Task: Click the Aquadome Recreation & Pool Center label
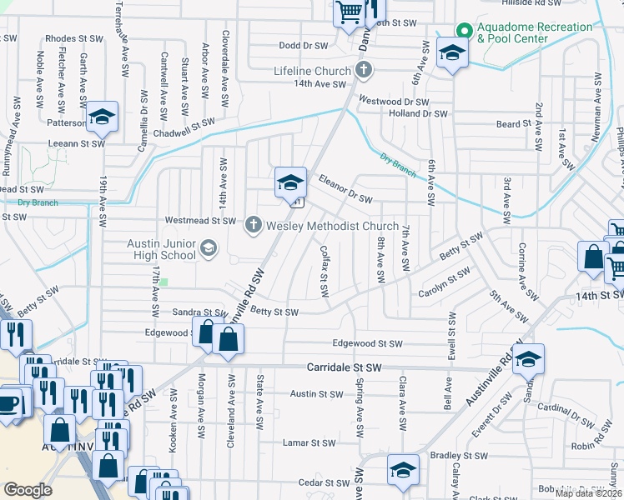[x=534, y=32]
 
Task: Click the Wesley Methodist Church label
[x=334, y=226]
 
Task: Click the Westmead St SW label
[x=200, y=221]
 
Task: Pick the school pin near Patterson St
[x=103, y=117]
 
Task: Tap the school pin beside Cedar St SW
[x=403, y=472]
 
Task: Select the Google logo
[x=28, y=490]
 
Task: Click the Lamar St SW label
[x=308, y=442]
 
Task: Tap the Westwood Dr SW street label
[x=393, y=101]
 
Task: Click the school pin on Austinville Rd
[x=527, y=359]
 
